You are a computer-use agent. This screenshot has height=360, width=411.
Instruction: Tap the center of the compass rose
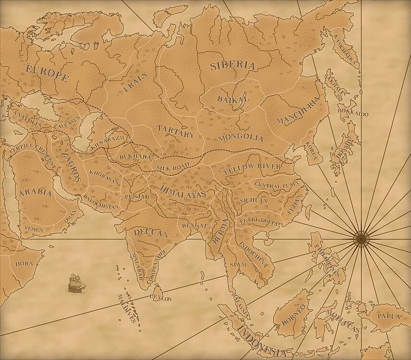(x=361, y=237)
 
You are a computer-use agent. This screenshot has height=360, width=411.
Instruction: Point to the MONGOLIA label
(x=241, y=138)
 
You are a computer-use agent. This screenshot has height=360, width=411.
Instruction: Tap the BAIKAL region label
(x=233, y=99)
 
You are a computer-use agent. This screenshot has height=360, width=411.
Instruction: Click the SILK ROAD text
(x=173, y=167)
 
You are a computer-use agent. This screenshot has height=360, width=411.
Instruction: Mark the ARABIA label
(x=35, y=194)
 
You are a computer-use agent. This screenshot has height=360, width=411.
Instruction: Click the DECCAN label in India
(x=152, y=233)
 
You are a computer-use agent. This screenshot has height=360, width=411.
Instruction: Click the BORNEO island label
(x=293, y=315)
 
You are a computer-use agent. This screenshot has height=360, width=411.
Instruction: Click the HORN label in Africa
(x=24, y=264)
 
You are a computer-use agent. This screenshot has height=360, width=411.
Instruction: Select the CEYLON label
(x=161, y=298)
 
